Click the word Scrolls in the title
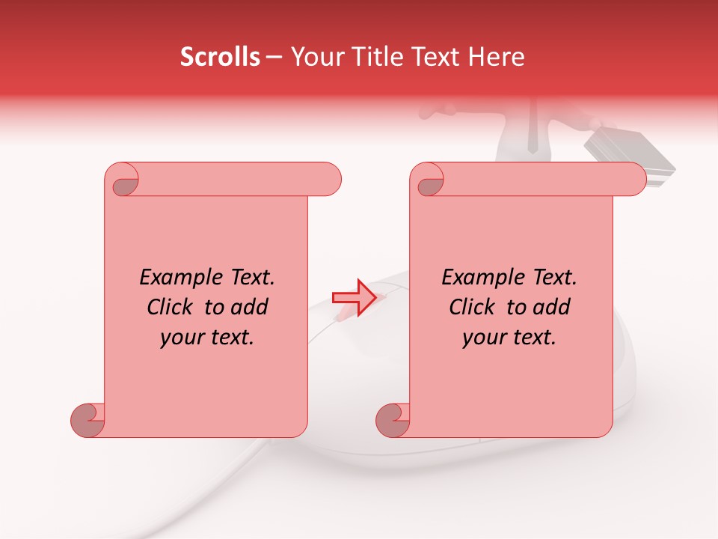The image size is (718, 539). [220, 57]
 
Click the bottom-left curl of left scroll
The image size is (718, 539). [88, 420]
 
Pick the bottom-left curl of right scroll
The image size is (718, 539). [393, 420]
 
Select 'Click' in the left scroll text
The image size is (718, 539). [171, 308]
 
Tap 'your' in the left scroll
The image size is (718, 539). [182, 338]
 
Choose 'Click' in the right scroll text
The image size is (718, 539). [473, 308]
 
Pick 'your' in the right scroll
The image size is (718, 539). [485, 338]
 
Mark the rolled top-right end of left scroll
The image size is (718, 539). [327, 179]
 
